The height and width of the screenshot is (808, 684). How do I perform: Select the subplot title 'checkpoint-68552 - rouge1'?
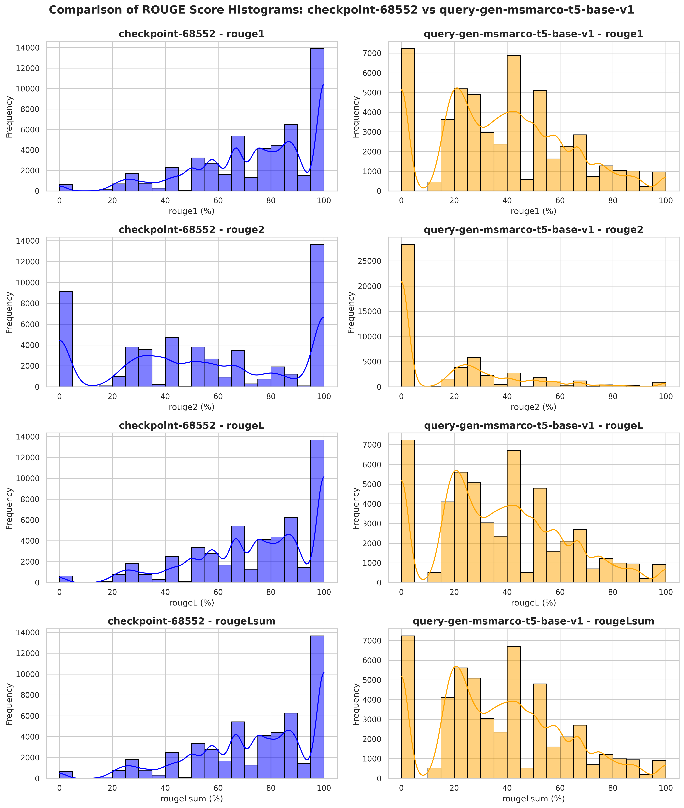(191, 34)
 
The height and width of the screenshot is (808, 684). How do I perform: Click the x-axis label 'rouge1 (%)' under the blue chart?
(191, 211)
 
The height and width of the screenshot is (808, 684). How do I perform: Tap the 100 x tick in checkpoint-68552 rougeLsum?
(324, 788)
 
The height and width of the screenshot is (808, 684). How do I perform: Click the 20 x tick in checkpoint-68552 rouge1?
(112, 201)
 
